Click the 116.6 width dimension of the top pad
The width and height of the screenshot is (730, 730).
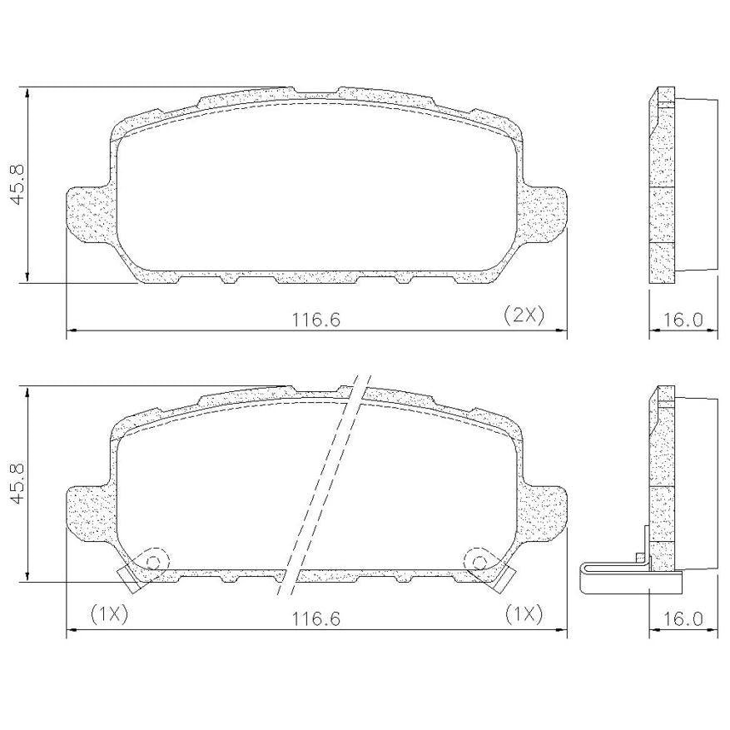pos(316,320)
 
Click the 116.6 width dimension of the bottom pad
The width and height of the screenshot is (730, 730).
pos(316,618)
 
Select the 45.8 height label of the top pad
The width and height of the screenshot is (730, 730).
pos(18,184)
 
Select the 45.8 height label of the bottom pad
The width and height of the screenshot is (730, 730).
pos(18,484)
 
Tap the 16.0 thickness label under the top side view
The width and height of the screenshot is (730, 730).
pos(682,320)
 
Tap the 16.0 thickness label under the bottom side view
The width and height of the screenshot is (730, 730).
pos(682,618)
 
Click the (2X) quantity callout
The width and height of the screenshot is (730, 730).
pos(524,315)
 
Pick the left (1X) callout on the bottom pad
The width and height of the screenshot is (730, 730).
pos(109,614)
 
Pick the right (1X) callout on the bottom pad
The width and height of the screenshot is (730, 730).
pos(524,614)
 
